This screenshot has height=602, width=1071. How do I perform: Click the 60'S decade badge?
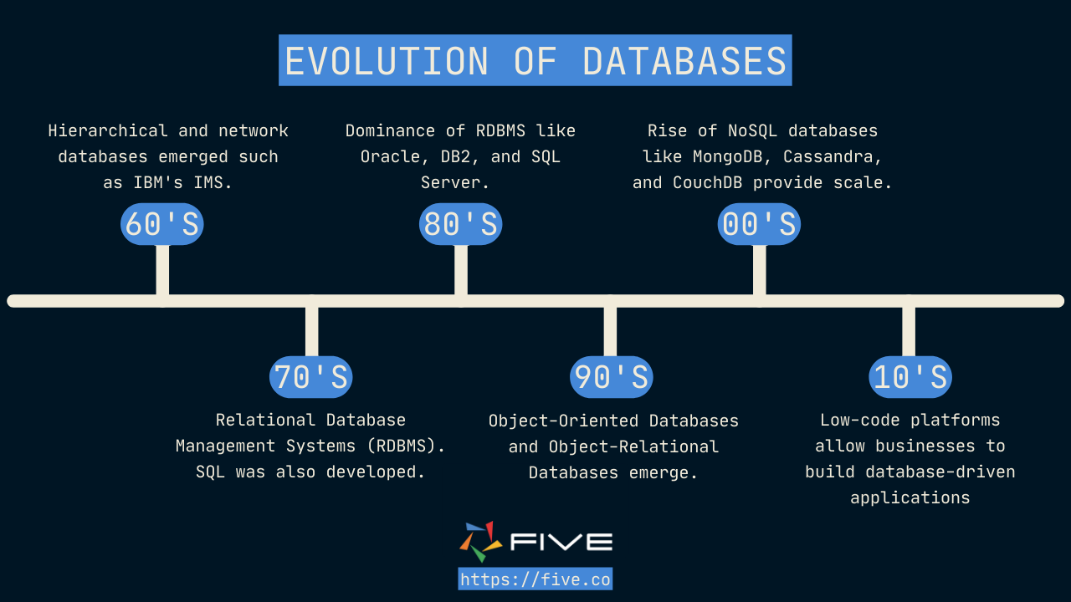pos(162,224)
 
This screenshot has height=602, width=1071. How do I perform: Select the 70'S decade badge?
pos(311,377)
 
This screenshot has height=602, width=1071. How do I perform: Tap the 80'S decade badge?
pos(460,224)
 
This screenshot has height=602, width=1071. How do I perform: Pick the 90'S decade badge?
pos(611,377)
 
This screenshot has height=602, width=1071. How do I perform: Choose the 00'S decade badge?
pos(759,224)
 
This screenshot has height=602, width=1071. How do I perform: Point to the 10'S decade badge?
pos(910,377)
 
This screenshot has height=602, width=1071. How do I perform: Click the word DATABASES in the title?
pos(684,61)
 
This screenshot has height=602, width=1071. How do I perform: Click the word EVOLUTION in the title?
pos(387,61)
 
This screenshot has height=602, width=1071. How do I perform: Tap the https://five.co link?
pos(535,579)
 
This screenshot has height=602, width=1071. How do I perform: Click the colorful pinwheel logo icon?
pos(481,542)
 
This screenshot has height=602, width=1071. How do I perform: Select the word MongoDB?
pos(728,156)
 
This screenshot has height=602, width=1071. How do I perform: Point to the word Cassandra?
pos(833,157)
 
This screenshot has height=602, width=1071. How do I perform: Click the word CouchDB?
pos(708,182)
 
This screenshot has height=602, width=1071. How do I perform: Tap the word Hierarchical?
pos(108,131)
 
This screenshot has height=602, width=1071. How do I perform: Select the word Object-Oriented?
pos(564,421)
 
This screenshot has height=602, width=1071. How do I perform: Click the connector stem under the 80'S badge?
pos(461,270)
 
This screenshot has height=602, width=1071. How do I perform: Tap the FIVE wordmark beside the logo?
pos(561,542)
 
